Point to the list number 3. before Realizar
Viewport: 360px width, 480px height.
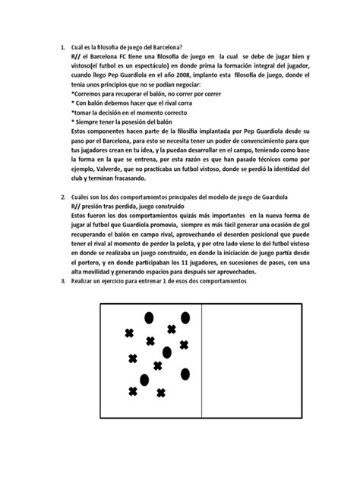click(x=62, y=282)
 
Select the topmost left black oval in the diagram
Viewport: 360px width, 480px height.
click(x=148, y=317)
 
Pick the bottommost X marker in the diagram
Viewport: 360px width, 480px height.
click(x=160, y=393)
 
